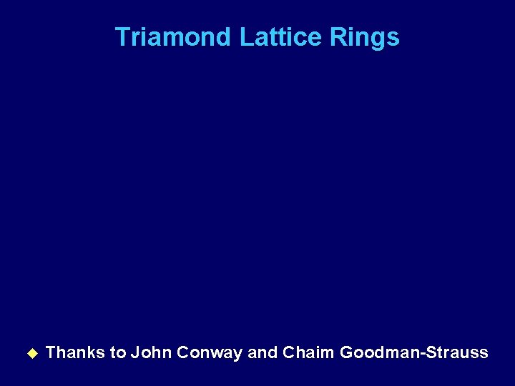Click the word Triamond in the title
172,36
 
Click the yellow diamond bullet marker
31,352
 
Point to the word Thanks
75,352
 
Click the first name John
151,352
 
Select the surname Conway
209,352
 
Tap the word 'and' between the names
262,352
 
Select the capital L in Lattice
245,36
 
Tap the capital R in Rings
338,36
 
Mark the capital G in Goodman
347,352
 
